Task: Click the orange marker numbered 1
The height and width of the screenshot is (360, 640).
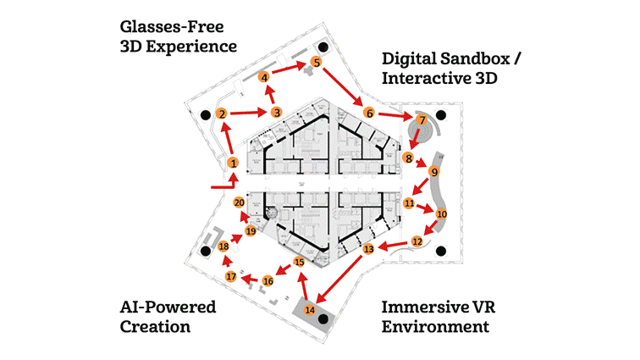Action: click(x=233, y=163)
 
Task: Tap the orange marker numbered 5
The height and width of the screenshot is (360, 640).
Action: click(x=316, y=62)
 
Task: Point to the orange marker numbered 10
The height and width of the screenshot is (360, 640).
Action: click(x=441, y=215)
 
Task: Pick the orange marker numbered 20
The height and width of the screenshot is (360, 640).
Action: click(x=239, y=203)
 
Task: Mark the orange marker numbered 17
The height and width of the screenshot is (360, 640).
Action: click(x=231, y=277)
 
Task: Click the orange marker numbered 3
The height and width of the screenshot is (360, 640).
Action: click(x=276, y=112)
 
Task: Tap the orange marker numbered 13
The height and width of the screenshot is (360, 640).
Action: click(x=368, y=250)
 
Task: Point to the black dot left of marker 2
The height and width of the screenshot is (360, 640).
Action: click(x=203, y=114)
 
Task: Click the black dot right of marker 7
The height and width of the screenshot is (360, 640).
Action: click(x=441, y=115)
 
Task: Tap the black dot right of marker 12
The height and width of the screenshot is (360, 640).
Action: click(x=441, y=250)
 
